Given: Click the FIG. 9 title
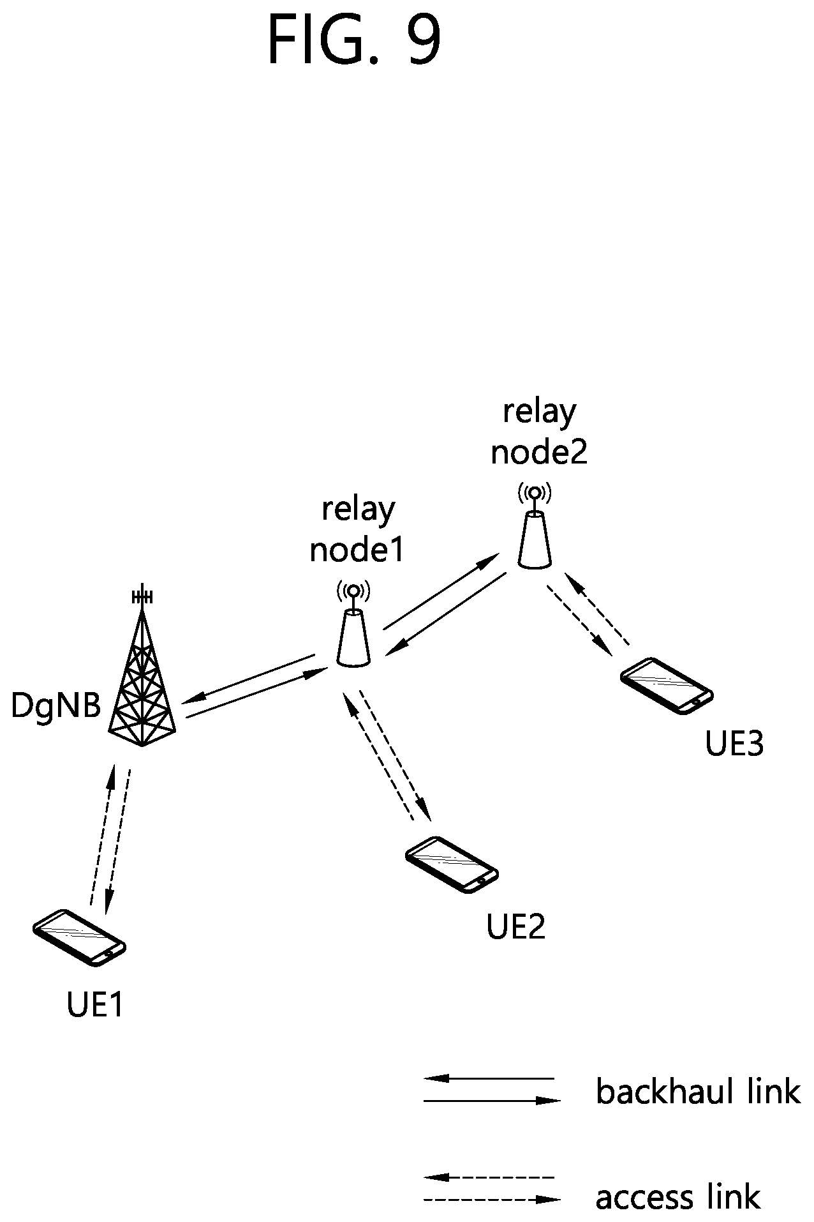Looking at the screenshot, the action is click(x=354, y=40).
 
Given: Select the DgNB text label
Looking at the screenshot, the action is click(x=56, y=706).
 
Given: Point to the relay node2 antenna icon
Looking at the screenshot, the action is click(x=534, y=526).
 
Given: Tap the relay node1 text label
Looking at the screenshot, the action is click(x=357, y=529).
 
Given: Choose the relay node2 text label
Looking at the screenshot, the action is click(x=539, y=432).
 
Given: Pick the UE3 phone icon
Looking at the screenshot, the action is click(x=667, y=686).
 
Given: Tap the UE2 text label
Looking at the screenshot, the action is click(x=516, y=926).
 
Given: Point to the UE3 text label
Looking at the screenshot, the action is click(x=734, y=744).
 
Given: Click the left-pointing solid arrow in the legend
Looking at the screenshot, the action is click(x=489, y=1078).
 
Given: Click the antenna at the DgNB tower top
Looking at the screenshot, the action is click(x=142, y=596).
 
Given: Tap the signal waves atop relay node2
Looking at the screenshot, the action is click(x=535, y=492).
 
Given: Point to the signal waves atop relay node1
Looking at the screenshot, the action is click(x=354, y=591).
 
